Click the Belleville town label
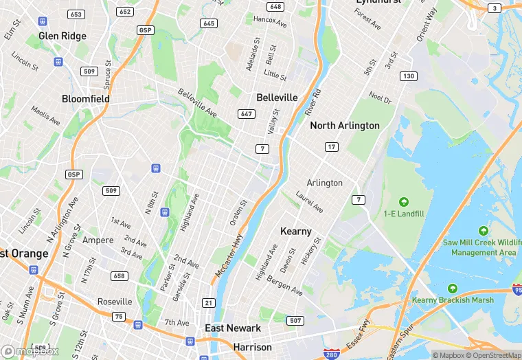277,98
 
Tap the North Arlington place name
344,126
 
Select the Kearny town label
296,232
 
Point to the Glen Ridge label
63,36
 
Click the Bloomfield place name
86,99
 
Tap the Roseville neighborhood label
115,302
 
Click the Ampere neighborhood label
98,240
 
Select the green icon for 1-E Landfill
403,202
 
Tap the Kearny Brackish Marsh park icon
452,289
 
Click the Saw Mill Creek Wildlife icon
484,231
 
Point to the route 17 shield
332,148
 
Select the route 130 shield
409,76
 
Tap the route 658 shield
120,276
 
